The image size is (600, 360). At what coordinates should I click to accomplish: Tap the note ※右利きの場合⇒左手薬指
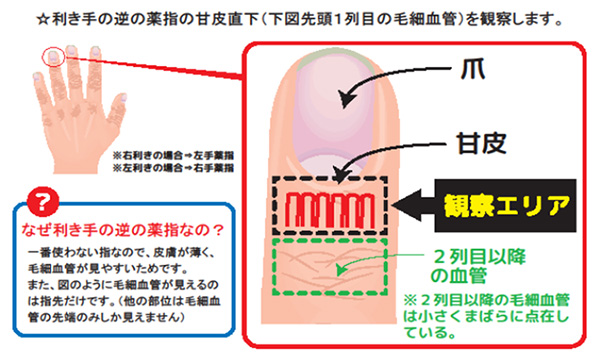[172, 155]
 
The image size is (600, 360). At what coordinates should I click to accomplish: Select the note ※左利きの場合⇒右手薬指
[172, 170]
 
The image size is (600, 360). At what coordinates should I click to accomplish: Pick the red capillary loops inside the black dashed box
[326, 210]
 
